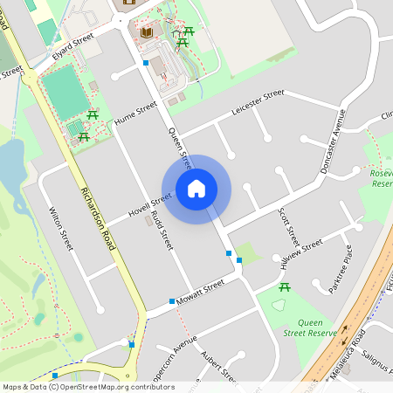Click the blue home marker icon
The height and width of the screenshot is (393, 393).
coord(196,188)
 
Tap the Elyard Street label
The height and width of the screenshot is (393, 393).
coord(72,44)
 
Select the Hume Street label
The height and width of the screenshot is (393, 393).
coord(135,113)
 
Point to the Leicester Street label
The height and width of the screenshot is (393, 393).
coord(259,102)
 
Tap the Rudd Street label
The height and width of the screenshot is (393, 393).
coord(162,230)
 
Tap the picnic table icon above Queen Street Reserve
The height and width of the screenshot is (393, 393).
coord(284,287)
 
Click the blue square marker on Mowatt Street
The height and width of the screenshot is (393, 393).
coord(172,301)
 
